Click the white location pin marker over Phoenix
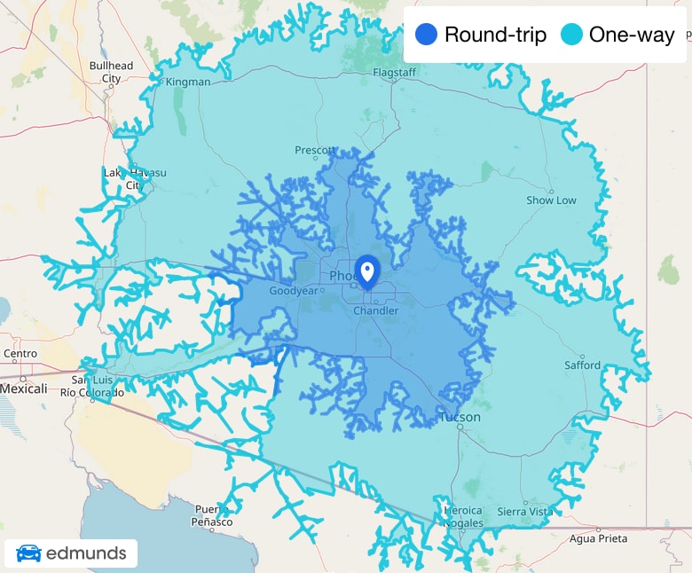click(366, 270)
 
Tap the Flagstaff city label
click(395, 72)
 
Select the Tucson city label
click(460, 417)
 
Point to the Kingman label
click(188, 82)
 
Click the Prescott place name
click(315, 151)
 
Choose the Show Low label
click(551, 200)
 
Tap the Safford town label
click(582, 365)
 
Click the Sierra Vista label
click(524, 512)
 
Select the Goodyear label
click(293, 291)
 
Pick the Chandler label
click(376, 311)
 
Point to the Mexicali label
click(23, 389)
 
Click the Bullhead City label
click(111, 72)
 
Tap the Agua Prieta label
click(598, 538)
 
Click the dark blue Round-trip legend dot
click(427, 35)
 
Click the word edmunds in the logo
click(87, 554)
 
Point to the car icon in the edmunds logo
click(28, 554)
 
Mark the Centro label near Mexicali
click(20, 354)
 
